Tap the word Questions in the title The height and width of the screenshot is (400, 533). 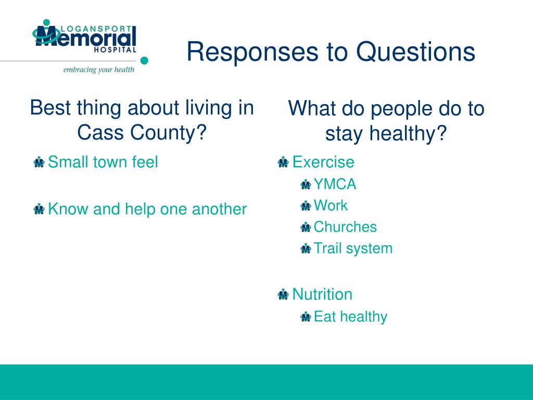[x=415, y=52]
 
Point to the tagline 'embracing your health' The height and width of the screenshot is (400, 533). [x=99, y=70]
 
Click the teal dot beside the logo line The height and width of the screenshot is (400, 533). [x=144, y=60]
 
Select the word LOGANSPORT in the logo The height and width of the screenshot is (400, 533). [x=96, y=29]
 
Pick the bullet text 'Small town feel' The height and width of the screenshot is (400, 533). [x=103, y=162]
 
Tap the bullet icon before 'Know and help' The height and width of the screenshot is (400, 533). [x=39, y=209]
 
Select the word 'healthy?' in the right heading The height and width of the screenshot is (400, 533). [x=408, y=133]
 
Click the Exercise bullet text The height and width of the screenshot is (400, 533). [x=323, y=162]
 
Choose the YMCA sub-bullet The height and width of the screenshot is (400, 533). [x=335, y=184]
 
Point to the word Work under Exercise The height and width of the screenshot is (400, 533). [x=331, y=205]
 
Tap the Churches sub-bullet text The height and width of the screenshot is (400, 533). [x=345, y=227]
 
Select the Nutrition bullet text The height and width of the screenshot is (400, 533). [x=322, y=294]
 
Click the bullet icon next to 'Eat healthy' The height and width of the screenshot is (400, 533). [x=306, y=317]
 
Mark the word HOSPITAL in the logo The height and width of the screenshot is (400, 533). [x=115, y=49]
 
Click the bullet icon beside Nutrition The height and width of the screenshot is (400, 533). [x=283, y=294]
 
